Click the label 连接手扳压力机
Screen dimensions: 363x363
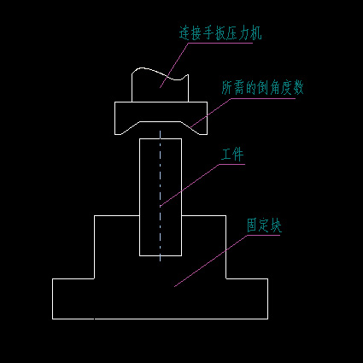(x=220, y=33)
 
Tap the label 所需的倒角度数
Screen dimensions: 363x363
(x=262, y=88)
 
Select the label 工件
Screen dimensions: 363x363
(x=232, y=155)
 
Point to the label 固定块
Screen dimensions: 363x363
(x=264, y=225)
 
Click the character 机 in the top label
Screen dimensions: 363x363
(x=255, y=33)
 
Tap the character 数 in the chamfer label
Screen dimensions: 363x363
(x=298, y=88)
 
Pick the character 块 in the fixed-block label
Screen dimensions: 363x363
(x=276, y=225)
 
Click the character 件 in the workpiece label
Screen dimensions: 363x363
(x=238, y=155)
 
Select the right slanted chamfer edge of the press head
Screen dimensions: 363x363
(x=194, y=128)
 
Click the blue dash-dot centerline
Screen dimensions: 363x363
(x=161, y=196)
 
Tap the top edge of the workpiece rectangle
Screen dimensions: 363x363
(x=161, y=138)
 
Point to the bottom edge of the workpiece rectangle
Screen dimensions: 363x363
(x=161, y=255)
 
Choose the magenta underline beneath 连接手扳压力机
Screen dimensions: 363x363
(x=220, y=43)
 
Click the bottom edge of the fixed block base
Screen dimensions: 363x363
(x=160, y=319)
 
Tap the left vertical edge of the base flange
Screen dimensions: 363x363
(x=52, y=299)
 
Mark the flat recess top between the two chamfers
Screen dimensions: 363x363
(x=161, y=121)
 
